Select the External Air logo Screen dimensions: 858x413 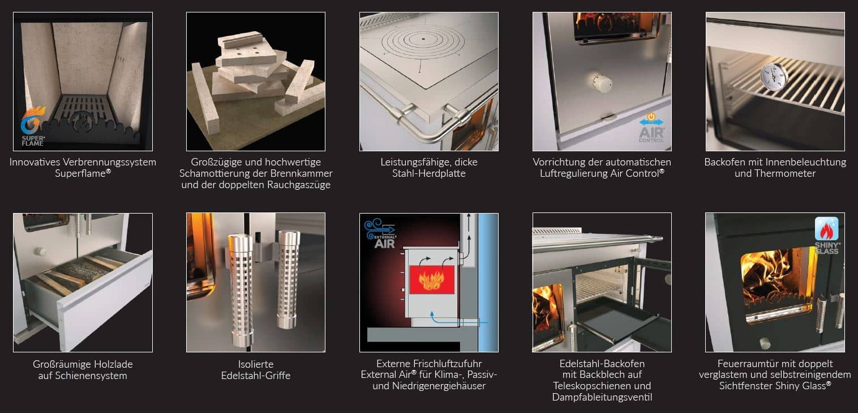[380, 233]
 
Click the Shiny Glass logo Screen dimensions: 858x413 [827, 236]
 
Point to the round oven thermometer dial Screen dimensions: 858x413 [774, 76]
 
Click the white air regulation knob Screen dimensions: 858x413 [602, 82]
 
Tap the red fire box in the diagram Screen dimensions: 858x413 [432, 279]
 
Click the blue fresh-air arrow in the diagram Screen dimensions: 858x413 [456, 319]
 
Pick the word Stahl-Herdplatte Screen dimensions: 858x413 [428, 173]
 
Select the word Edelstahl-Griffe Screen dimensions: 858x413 [255, 376]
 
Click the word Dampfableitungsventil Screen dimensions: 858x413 [602, 397]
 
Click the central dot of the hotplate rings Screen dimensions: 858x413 [423, 39]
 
